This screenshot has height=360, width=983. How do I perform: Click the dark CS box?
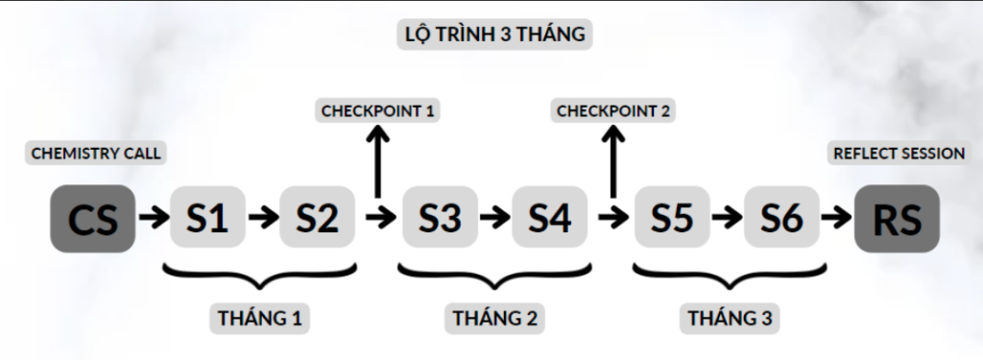coord(93,219)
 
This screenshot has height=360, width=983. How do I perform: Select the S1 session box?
coord(207,218)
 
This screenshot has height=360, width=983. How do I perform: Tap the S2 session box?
coord(317,218)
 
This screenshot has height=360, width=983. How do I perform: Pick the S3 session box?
coord(440,218)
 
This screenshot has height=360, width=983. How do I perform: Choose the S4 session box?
coord(549,218)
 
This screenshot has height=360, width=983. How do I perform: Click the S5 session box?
coord(672,218)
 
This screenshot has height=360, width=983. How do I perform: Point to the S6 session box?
coord(781,218)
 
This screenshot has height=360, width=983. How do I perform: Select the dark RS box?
coord(897,219)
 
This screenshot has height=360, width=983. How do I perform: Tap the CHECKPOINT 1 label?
coord(378,110)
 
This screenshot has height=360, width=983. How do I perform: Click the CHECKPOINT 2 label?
coord(612,110)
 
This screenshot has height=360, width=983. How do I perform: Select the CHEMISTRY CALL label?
coord(96,153)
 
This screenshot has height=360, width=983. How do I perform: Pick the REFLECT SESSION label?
coord(899,153)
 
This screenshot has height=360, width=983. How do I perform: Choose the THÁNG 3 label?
coord(729,317)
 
